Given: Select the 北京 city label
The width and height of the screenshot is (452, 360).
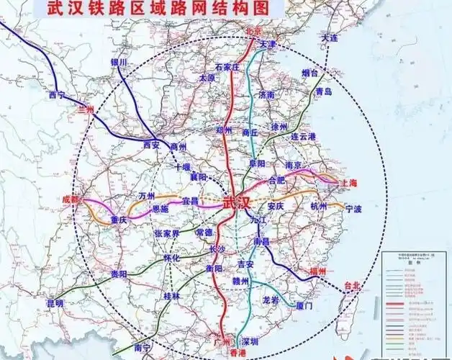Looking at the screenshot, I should click(x=253, y=32).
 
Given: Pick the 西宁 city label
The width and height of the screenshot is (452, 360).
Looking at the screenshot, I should click(x=58, y=95).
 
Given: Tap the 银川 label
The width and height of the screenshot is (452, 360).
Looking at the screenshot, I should click(x=119, y=63).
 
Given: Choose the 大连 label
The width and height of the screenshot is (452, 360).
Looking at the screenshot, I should click(x=330, y=37).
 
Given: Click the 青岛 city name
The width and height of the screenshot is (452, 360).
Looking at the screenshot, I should click(x=323, y=92).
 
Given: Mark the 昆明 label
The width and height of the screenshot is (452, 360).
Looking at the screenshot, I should click(x=55, y=304).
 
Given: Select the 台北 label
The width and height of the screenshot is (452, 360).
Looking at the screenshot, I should click(x=356, y=285).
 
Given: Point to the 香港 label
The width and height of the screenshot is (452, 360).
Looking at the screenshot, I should click(x=228, y=352).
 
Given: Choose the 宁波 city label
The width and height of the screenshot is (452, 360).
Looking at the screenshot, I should click(x=353, y=210).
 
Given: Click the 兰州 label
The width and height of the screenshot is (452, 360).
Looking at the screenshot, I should click(x=85, y=108).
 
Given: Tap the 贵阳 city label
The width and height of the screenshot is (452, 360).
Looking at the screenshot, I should click(x=119, y=274).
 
